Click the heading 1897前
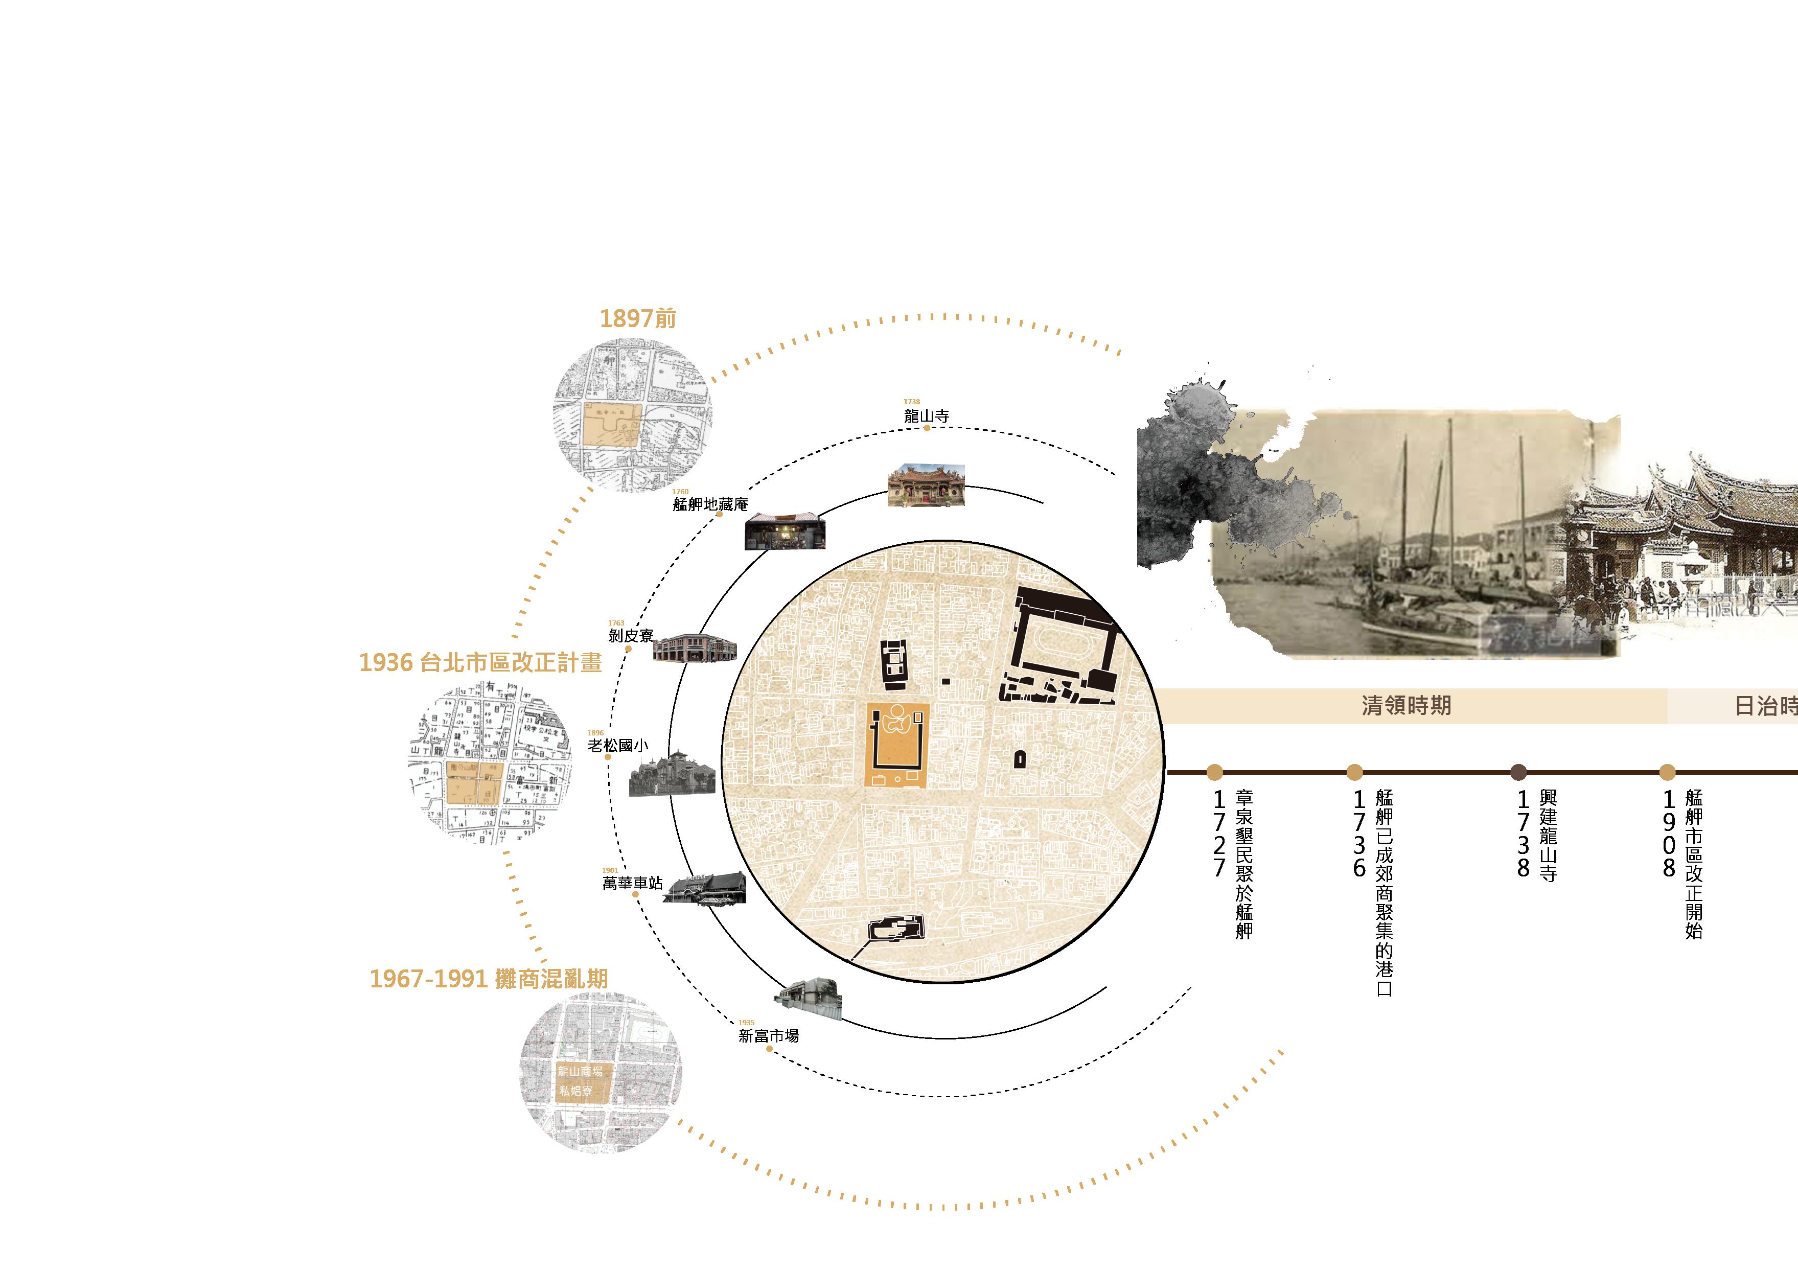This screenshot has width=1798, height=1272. pos(637,319)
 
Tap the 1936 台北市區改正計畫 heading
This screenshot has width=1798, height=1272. pos(480,663)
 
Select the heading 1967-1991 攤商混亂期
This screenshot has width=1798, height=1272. pos(489,979)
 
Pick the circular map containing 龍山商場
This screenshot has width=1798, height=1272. pos(601,1072)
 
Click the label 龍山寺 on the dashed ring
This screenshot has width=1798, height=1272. pos(927,417)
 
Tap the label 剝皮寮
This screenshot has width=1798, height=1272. pos(630,636)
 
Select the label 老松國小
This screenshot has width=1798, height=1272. pos(618,746)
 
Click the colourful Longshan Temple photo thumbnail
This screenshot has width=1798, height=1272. pos(927,487)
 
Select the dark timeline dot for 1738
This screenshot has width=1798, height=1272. pos(1517,772)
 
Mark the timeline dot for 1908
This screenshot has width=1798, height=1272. pos(1667,772)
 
